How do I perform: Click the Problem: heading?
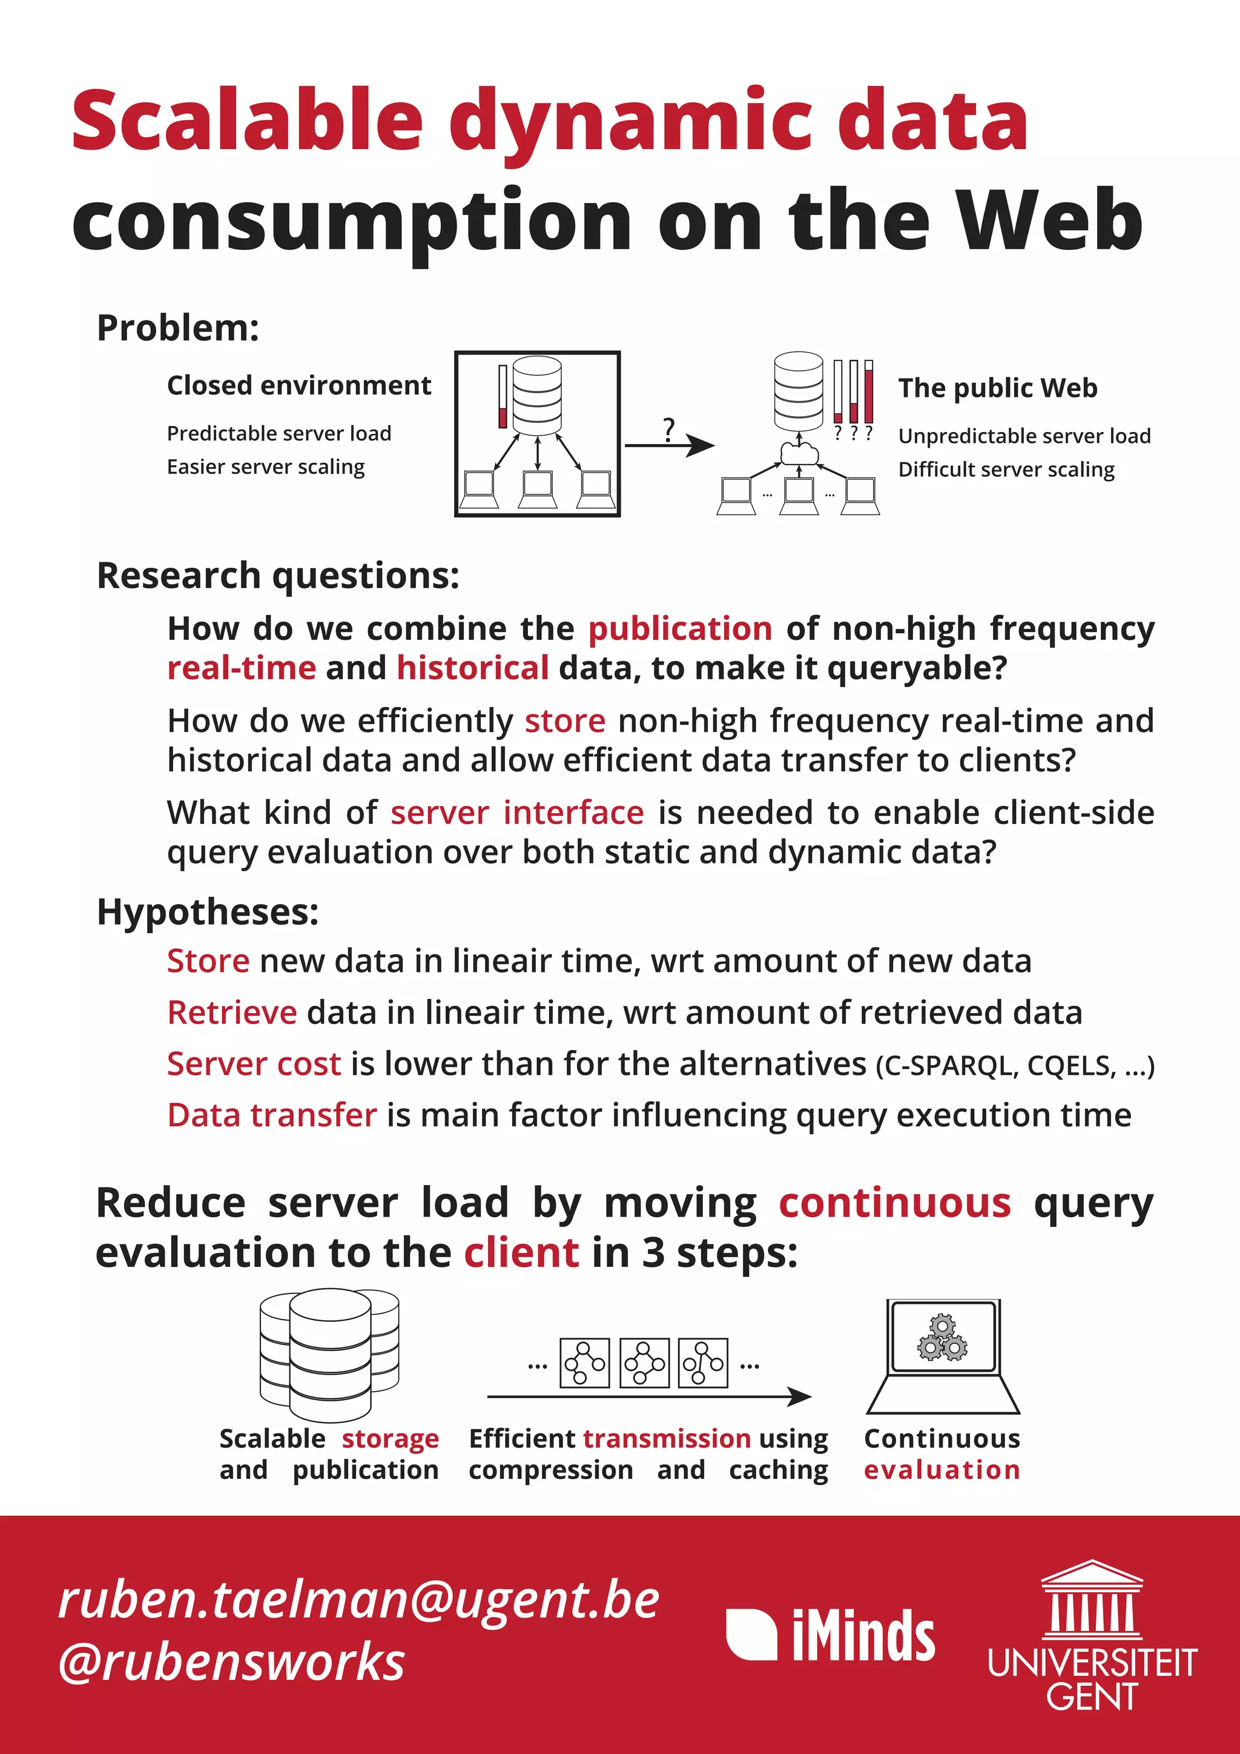pos(178,328)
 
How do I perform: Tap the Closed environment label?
pos(298,386)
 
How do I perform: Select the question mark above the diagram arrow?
pos(669,430)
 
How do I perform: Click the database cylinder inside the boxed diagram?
pos(537,395)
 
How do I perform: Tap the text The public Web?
pos(997,388)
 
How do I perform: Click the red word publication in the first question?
pos(679,629)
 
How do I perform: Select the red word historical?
pos(473,668)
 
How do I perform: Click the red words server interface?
pos(517,813)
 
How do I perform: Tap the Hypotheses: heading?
pos(208,912)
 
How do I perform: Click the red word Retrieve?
pos(232,1013)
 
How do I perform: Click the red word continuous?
pos(895,1203)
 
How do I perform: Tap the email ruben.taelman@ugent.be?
pos(359,1601)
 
